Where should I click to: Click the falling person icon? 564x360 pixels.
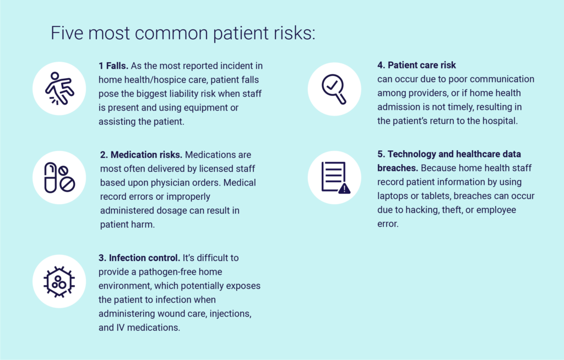pyautogui.click(x=59, y=89)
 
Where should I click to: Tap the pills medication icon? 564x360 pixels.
pyautogui.click(x=59, y=178)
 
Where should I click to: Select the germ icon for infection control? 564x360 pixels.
pyautogui.click(x=59, y=282)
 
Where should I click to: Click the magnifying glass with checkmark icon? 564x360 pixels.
pyautogui.click(x=334, y=89)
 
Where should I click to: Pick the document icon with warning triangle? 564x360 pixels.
pyautogui.click(x=335, y=178)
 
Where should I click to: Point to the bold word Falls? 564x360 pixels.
pyautogui.click(x=117, y=66)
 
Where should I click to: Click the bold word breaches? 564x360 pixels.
pyautogui.click(x=398, y=168)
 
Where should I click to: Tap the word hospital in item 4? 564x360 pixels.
pyautogui.click(x=500, y=121)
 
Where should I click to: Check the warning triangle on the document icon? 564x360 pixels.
pyautogui.click(x=344, y=188)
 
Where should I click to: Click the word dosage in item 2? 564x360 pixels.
pyautogui.click(x=174, y=211)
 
